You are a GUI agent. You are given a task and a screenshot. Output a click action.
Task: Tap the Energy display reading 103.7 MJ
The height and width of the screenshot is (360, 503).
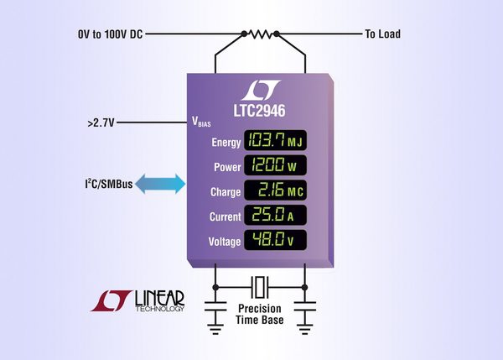pos(274,140)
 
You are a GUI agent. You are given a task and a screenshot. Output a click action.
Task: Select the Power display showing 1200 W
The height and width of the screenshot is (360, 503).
pos(274,165)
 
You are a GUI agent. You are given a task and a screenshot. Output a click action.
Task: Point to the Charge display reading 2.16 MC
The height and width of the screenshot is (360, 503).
pos(274,190)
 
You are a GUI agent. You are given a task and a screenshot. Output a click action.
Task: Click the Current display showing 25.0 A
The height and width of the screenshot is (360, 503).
pos(274,216)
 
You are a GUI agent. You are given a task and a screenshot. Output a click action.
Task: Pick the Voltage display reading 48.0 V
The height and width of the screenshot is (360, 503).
pos(274,241)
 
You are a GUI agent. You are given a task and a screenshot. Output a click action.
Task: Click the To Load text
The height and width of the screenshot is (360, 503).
pos(381,34)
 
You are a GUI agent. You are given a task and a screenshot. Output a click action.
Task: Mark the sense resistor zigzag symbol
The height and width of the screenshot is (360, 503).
pos(260,34)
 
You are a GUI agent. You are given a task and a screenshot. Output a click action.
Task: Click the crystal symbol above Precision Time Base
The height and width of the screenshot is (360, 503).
pos(261,286)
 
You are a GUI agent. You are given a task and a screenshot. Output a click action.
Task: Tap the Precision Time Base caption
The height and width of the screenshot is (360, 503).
pos(261,315)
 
